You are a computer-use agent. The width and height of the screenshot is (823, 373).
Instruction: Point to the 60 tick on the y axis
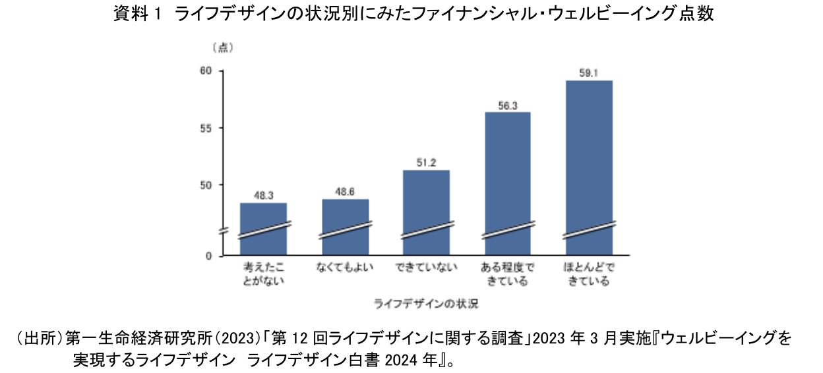[204, 71]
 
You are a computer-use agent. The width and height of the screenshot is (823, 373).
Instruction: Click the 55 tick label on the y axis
[204, 128]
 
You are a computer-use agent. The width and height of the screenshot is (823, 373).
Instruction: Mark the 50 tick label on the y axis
[204, 185]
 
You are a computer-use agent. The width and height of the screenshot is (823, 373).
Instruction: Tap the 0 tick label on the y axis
[207, 256]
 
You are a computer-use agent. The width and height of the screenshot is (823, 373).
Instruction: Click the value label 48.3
[263, 196]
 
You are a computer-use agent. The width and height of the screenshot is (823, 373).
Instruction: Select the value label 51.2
[426, 163]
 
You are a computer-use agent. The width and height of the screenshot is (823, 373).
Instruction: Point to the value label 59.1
[589, 73]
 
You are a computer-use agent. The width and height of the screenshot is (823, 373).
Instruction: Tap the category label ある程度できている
[508, 275]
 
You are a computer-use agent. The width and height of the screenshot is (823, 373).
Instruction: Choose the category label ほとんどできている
[589, 275]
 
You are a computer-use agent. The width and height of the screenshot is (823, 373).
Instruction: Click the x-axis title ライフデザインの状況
[426, 304]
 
